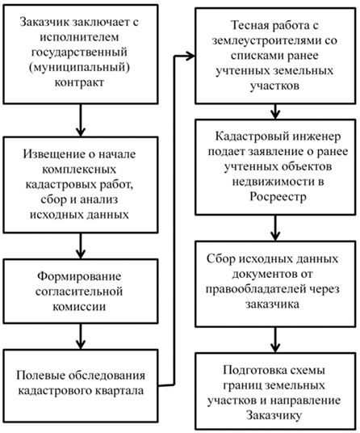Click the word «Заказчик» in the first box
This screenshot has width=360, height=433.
pos(44,22)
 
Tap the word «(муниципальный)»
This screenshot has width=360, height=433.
pos(79,67)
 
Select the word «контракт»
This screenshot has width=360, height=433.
pos(79,82)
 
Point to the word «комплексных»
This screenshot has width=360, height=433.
pos(79,169)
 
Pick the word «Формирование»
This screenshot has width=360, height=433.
pos(79,276)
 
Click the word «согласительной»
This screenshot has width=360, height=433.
pos(79,292)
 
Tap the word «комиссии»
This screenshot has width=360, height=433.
pos(79,307)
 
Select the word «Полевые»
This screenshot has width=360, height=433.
pos(40,376)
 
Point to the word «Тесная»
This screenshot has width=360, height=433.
pos(250,25)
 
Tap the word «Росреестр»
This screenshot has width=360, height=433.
pos(278,197)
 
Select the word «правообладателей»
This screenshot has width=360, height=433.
pos(256,289)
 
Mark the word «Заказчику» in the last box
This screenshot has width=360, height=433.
pos(274,415)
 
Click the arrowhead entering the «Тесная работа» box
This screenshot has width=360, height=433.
pos(190,56)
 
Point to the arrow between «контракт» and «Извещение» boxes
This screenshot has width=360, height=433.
pos(81,120)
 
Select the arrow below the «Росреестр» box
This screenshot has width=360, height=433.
pos(275,228)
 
